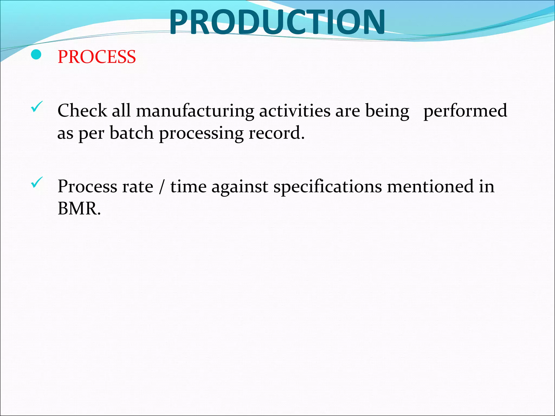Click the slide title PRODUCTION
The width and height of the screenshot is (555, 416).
coord(277,22)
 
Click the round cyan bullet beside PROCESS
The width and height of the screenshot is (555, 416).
coord(36,55)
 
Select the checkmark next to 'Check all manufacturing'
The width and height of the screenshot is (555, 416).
coord(37,107)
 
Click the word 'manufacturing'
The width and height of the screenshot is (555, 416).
coord(195,111)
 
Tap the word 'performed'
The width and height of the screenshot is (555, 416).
coord(465,111)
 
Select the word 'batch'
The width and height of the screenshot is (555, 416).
coord(132,133)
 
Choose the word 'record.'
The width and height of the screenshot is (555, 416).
coord(277,133)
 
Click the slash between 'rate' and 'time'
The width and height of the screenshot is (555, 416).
coord(162,187)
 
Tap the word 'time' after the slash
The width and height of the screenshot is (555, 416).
coord(188,187)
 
